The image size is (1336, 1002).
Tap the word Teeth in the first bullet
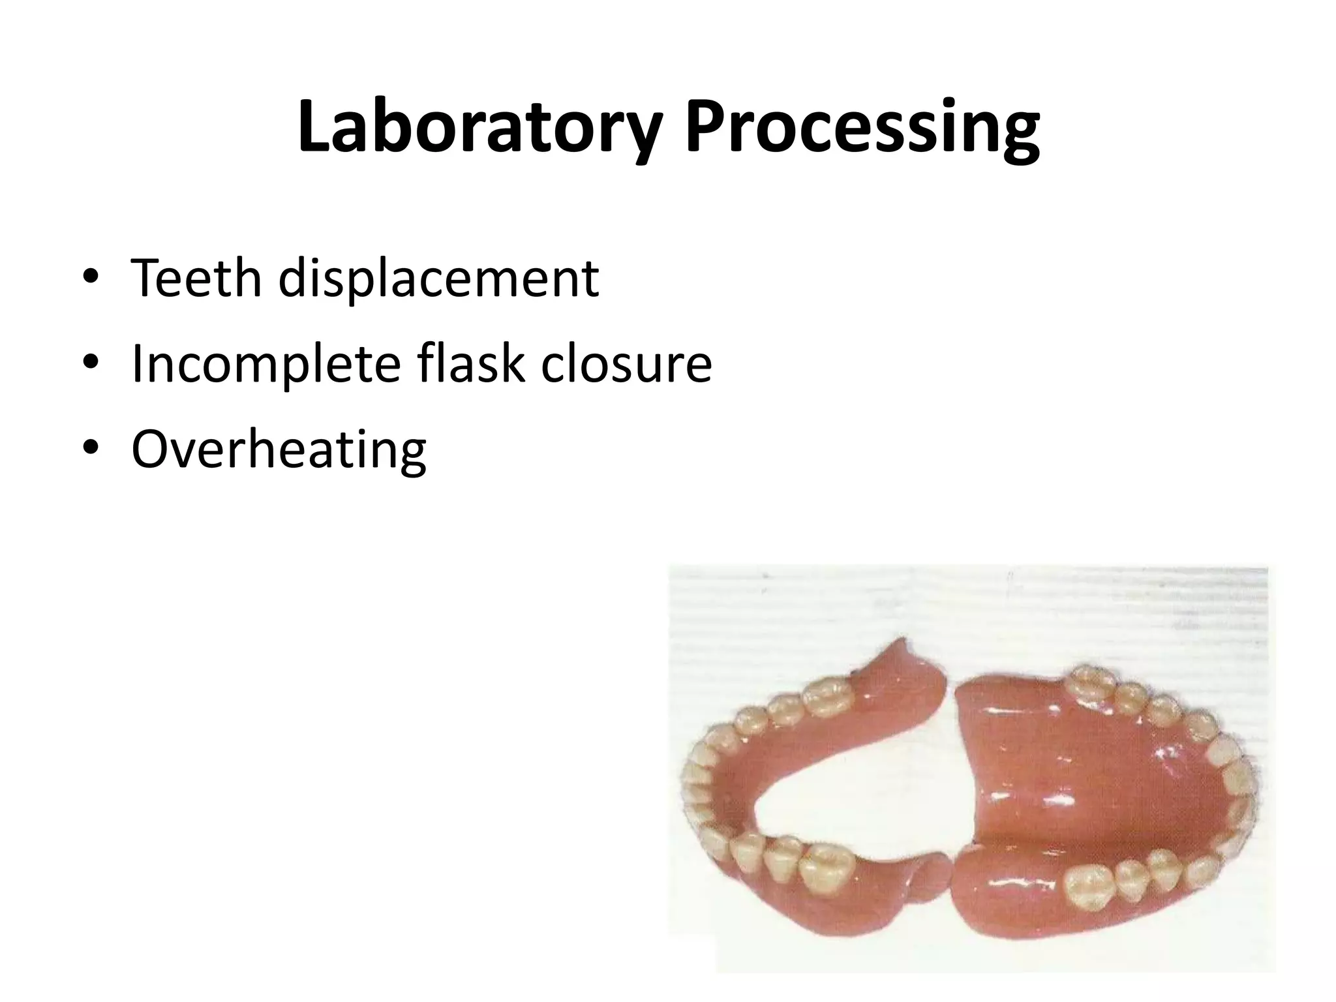[x=194, y=279]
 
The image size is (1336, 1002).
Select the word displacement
[x=438, y=279]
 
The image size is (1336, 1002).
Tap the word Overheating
[x=279, y=449]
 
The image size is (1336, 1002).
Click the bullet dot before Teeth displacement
[x=91, y=279]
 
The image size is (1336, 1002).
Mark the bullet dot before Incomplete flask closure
[x=91, y=363]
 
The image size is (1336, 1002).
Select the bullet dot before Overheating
[x=91, y=448]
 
